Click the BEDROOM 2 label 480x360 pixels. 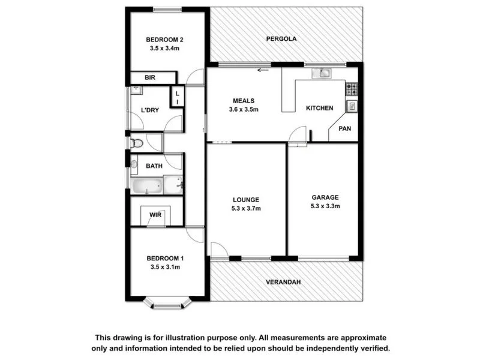[x=165, y=40]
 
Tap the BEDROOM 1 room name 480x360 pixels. [x=165, y=259]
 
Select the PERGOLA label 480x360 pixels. [x=281, y=38]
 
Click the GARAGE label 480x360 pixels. [x=325, y=197]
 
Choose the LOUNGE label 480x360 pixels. [x=246, y=200]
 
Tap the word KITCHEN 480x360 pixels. [x=319, y=109]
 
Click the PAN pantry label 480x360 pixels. [x=345, y=128]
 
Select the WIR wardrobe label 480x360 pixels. [x=155, y=215]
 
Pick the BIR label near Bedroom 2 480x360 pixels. [x=150, y=78]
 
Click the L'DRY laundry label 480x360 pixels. [x=150, y=110]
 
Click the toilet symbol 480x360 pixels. [x=137, y=143]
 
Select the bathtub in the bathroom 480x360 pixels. [x=147, y=185]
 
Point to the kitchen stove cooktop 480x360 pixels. [x=352, y=89]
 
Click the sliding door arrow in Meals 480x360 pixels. [x=262, y=70]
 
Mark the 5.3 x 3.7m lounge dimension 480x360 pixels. [x=246, y=208]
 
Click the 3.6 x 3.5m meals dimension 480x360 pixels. [x=244, y=109]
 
